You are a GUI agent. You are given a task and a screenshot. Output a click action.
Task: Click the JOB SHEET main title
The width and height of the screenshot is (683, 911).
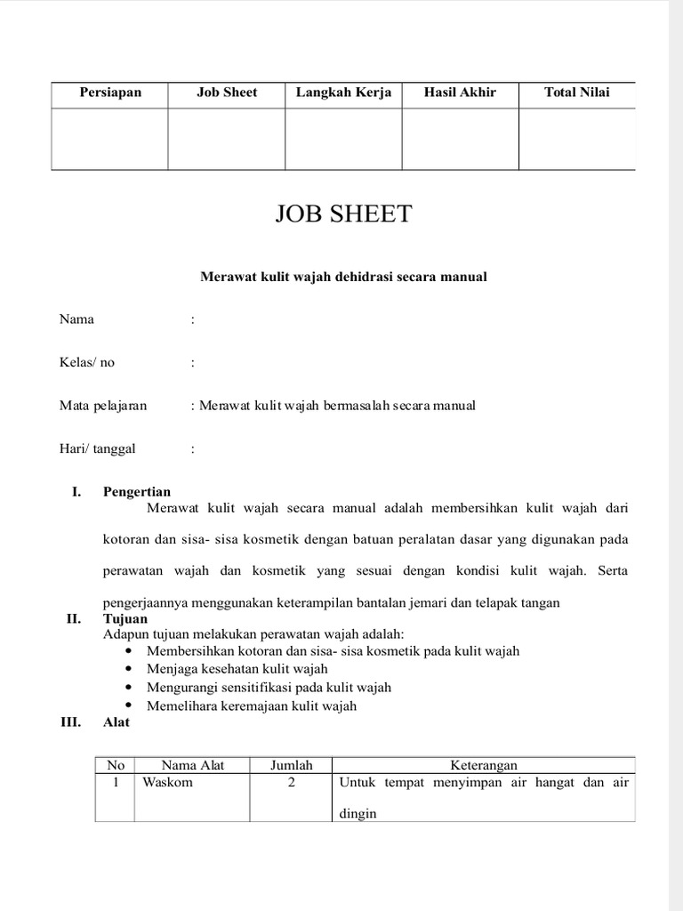tap(344, 214)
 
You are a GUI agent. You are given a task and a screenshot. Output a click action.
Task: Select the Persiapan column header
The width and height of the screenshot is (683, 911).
tap(109, 93)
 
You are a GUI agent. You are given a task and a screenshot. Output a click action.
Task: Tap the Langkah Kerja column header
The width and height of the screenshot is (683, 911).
tap(343, 93)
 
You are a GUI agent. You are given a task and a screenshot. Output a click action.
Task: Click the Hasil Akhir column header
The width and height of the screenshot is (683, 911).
tap(460, 93)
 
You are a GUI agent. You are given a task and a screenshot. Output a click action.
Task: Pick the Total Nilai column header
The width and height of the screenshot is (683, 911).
tap(576, 93)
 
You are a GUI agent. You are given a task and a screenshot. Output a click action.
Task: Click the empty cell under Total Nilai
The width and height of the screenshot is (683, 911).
tap(576, 139)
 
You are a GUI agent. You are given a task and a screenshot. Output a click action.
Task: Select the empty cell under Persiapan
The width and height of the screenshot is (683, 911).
tap(109, 139)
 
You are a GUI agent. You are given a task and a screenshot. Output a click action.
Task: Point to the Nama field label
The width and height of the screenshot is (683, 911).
tap(76, 319)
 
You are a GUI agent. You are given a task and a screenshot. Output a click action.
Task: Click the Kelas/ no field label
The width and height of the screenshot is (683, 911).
tap(86, 362)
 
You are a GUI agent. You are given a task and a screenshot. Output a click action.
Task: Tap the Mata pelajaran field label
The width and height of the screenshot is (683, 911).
tap(102, 406)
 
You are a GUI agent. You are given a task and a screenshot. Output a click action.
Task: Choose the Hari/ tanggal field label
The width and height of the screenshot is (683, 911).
tap(97, 448)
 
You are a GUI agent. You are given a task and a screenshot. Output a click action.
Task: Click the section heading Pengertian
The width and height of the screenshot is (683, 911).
tap(137, 492)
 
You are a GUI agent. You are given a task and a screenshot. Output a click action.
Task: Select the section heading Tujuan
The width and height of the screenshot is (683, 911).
tap(125, 618)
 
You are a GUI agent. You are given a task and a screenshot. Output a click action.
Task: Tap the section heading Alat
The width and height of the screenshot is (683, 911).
tap(117, 722)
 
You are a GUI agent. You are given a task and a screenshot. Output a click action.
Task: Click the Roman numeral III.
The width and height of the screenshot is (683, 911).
tap(70, 722)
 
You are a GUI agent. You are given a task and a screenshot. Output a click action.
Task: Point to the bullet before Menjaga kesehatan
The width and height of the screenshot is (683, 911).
tap(130, 669)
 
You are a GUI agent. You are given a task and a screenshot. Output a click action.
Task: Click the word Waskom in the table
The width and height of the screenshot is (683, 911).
tap(167, 783)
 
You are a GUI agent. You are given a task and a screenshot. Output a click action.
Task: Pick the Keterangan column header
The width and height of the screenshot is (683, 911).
tap(483, 765)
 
